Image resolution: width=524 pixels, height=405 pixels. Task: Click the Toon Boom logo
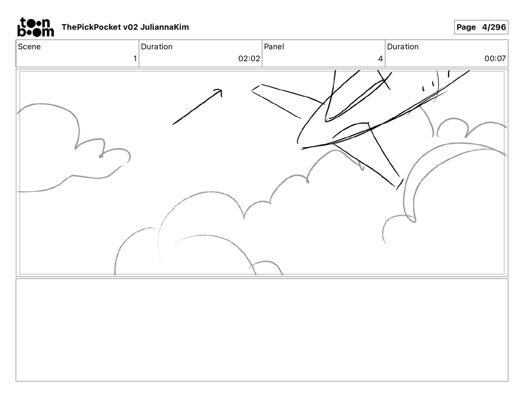[x=35, y=27]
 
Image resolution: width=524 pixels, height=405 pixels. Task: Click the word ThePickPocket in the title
[x=91, y=27]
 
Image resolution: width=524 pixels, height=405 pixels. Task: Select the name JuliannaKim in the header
[x=164, y=27]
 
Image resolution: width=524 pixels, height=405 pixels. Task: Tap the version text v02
[x=130, y=27]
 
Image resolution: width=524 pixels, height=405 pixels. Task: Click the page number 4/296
[x=494, y=27]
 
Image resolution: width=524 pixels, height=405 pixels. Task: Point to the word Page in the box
[x=466, y=27]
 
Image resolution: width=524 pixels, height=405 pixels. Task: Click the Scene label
[x=29, y=47]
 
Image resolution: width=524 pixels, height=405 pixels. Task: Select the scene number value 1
[x=135, y=59]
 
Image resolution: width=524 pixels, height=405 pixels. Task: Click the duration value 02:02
[x=249, y=59]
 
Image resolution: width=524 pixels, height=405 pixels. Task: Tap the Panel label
[x=274, y=47]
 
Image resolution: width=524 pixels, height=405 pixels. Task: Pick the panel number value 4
[x=380, y=59]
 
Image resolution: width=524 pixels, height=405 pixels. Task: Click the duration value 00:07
[x=495, y=59]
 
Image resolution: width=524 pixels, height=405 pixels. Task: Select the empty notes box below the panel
[x=262, y=330]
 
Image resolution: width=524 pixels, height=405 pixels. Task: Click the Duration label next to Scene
[x=156, y=47]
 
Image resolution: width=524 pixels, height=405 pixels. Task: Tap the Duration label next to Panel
[x=403, y=47]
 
